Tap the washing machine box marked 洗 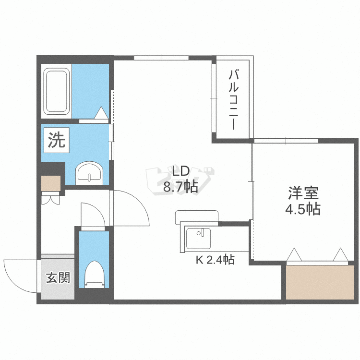coord(57,140)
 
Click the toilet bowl coord(94,274)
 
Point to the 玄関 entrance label coord(58,278)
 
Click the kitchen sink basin coord(198,238)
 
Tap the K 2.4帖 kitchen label coord(215,260)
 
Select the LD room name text coord(180,171)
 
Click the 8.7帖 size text coord(180,187)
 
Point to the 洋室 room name coord(303,193)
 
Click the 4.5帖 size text coord(303,209)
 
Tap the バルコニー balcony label coord(233,100)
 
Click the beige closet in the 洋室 coord(320,282)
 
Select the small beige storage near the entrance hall coord(51,183)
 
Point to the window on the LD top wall coord(161,58)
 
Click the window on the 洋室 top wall coord(286,141)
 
